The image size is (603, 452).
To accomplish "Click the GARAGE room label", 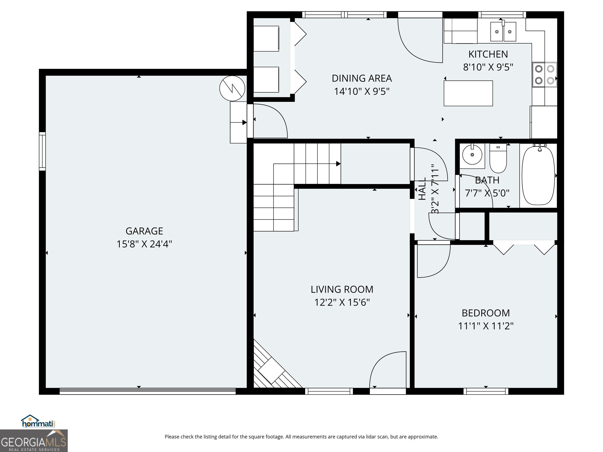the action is click(x=144, y=231).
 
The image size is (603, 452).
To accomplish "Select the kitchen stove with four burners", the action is click(x=544, y=75).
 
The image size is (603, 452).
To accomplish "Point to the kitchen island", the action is click(x=468, y=93).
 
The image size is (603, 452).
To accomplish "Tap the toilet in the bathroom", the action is click(x=498, y=158).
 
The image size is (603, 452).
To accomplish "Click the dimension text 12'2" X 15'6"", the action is click(x=342, y=303).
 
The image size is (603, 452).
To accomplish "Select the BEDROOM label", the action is click(x=486, y=313).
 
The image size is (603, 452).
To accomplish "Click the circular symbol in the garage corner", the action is click(x=232, y=88).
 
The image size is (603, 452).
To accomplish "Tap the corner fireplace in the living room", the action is click(x=275, y=365).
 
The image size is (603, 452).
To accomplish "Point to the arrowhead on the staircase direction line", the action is click(x=338, y=164).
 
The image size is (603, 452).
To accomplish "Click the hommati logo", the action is click(x=38, y=421).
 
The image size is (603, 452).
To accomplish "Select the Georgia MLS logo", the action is click(x=34, y=441).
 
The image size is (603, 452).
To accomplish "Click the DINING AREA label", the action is click(x=362, y=78).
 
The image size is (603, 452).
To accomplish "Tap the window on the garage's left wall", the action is click(x=42, y=151).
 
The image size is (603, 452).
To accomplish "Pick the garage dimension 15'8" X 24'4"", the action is click(x=144, y=244).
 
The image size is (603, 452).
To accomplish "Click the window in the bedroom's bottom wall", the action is click(x=486, y=391).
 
